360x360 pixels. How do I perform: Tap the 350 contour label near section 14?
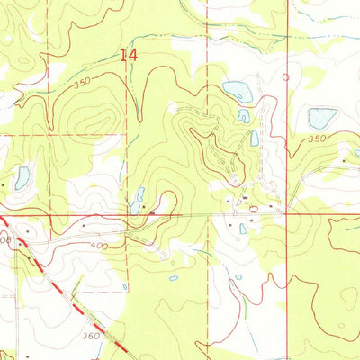83,83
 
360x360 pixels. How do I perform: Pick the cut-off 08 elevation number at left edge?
4,241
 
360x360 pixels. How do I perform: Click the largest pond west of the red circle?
237,90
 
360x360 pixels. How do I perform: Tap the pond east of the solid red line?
321,117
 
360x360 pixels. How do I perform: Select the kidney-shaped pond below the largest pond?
243,115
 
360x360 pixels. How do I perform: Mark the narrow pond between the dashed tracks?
255,138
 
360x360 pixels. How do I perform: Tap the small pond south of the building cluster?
243,229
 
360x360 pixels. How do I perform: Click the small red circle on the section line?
286,77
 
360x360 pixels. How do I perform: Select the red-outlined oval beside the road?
255,209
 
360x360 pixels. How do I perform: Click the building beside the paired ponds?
151,212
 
